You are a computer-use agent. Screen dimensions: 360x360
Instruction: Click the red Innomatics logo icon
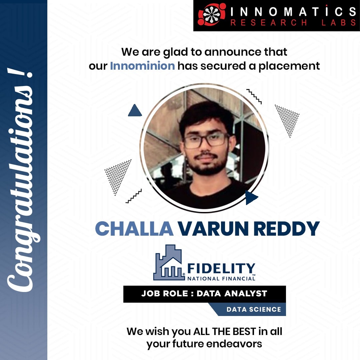coord(212,14)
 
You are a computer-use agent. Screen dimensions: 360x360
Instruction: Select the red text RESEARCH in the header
coord(269,23)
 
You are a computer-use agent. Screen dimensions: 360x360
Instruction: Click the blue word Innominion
coord(142,66)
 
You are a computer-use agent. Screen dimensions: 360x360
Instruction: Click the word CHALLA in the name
coord(134,229)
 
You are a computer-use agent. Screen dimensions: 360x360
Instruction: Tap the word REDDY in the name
coord(287,229)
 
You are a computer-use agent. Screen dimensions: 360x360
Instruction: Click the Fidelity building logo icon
coord(169,263)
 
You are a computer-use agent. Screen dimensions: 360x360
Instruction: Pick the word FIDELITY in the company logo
coord(221,269)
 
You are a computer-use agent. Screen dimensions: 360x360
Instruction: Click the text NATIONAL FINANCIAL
coord(221,278)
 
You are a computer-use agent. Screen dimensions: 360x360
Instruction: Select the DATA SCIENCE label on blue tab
coord(254,309)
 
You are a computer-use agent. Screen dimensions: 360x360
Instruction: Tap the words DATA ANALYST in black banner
coord(232,293)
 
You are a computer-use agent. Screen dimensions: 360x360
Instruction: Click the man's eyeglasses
coord(205,140)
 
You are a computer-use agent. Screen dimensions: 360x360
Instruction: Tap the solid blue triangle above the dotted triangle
coord(135,110)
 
